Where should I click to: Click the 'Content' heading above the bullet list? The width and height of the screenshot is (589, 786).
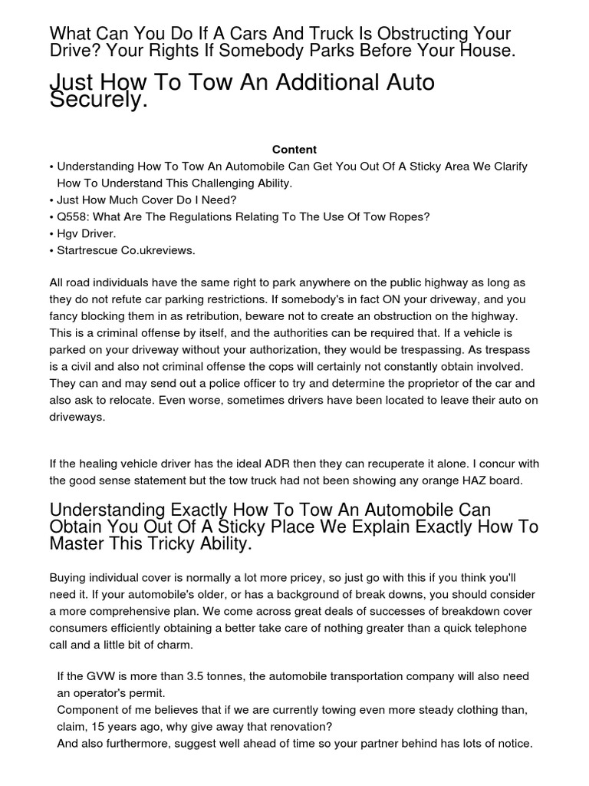point(294,150)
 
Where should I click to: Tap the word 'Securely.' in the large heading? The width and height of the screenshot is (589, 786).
point(98,100)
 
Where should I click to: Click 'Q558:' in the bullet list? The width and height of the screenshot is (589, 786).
point(74,216)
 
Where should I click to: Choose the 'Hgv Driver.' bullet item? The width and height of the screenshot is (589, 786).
point(86,233)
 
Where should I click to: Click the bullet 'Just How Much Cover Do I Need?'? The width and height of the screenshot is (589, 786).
point(146,200)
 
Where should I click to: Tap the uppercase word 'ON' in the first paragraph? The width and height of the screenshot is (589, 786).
point(311,299)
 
